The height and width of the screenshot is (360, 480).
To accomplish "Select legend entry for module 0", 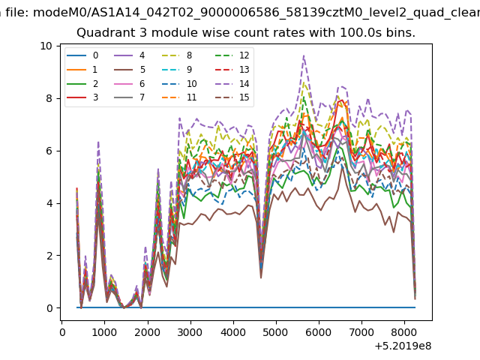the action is [x=82, y=55].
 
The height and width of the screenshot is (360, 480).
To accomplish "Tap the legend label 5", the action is [x=142, y=70].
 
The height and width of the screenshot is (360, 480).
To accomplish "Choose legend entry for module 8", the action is [x=177, y=55].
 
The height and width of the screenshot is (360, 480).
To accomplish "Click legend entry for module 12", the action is [x=232, y=55].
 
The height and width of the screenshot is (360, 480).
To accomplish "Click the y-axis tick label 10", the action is [x=46, y=46].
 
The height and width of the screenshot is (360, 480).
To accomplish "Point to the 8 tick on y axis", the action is [x=49, y=98].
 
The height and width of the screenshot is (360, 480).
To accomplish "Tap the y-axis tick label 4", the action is [x=49, y=203].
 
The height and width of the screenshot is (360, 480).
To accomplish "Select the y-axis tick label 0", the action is [x=49, y=308].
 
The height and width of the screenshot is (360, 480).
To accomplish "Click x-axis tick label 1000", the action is [x=104, y=332].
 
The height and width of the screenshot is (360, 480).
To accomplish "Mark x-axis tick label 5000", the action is [x=276, y=332].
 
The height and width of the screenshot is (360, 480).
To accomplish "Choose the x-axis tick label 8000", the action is [x=404, y=332].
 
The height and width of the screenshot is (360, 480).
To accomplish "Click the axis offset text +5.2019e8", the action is [x=403, y=346].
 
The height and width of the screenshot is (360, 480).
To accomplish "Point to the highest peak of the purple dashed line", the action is [x=304, y=55].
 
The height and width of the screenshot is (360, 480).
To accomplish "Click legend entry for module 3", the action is [x=82, y=97].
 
